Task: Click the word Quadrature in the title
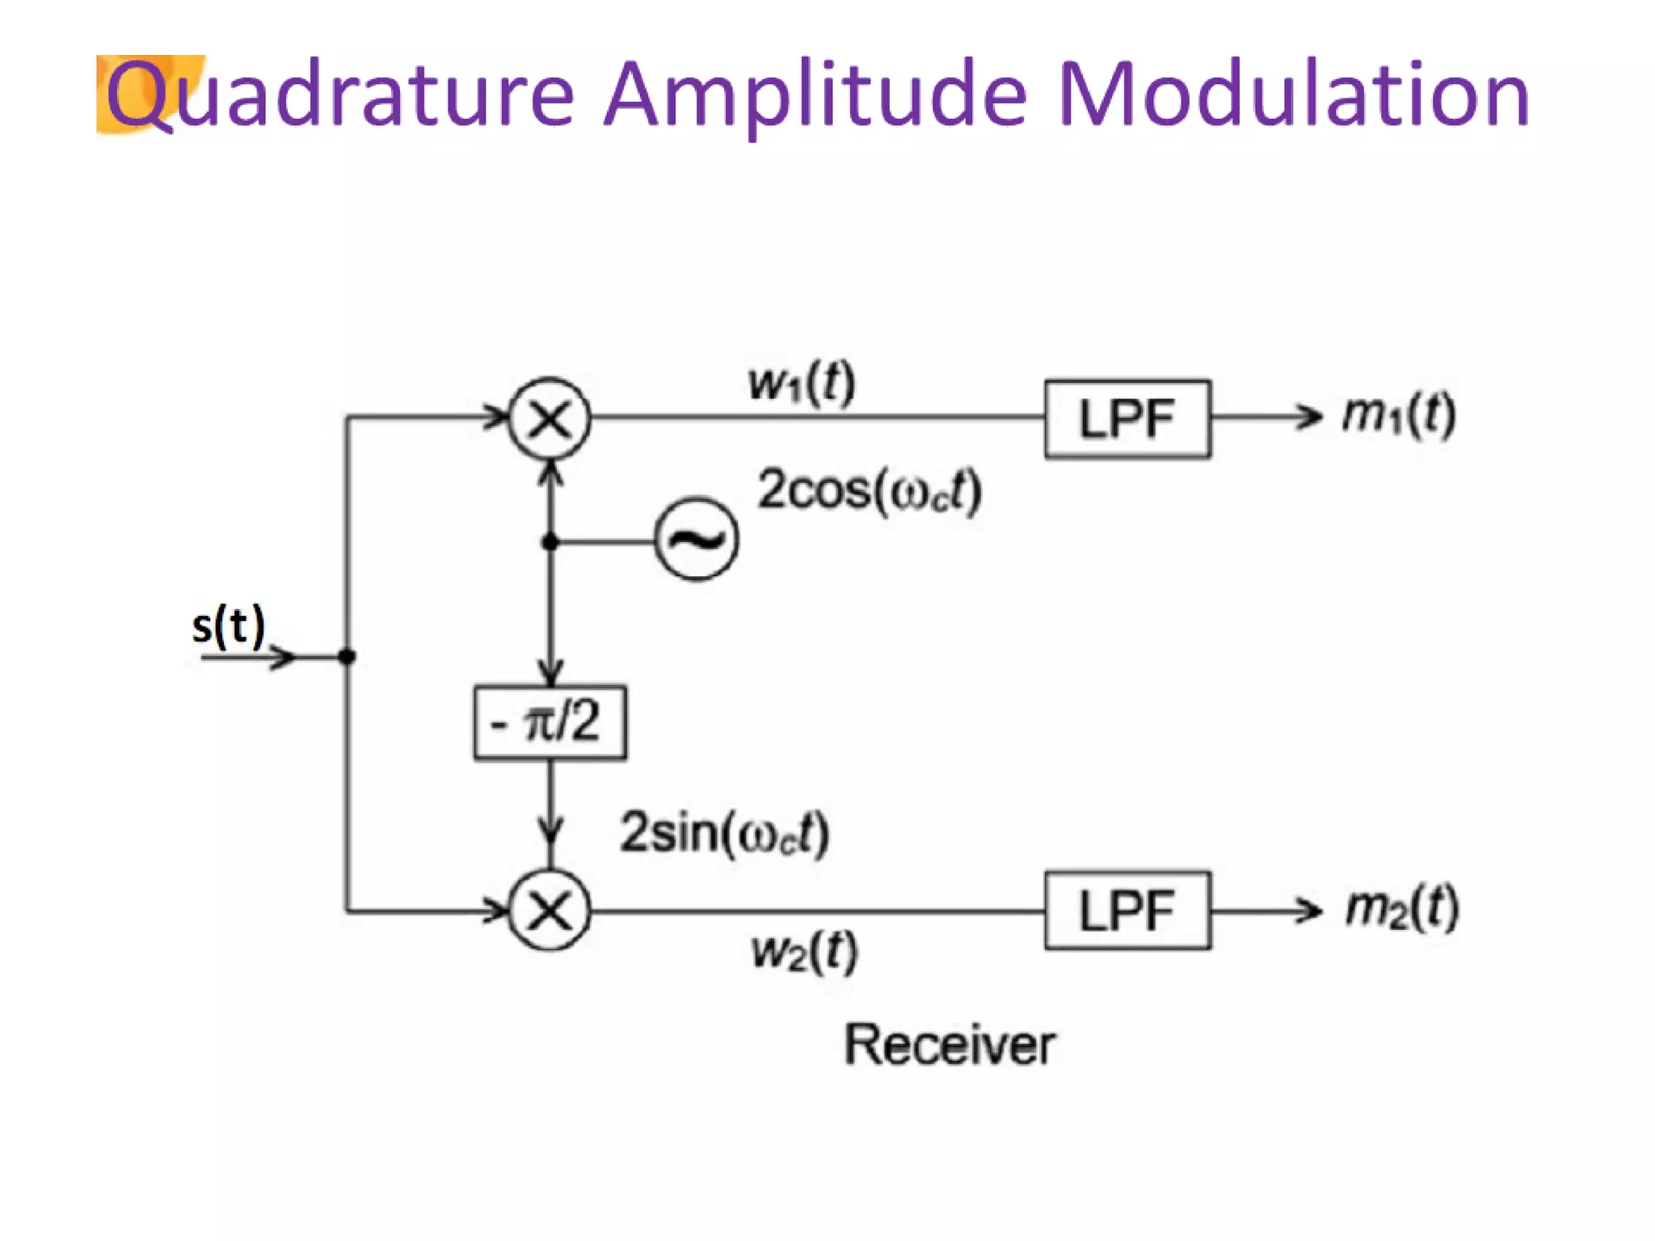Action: tap(339, 95)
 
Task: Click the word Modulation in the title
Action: tap(1293, 95)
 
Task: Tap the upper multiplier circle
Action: tap(550, 419)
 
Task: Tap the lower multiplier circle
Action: tap(550, 911)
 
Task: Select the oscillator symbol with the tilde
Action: tap(697, 540)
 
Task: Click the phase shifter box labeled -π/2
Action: tap(550, 722)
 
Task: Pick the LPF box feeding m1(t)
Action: tap(1127, 419)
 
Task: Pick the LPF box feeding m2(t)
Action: tap(1127, 911)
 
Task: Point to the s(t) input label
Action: tap(229, 626)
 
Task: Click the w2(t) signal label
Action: tap(804, 951)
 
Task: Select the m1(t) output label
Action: tap(1399, 415)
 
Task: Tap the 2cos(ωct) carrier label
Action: tap(870, 490)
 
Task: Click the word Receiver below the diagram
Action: tap(950, 1045)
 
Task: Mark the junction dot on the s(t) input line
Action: tap(347, 657)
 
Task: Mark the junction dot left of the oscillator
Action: tap(550, 541)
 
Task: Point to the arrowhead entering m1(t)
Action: tap(1309, 418)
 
